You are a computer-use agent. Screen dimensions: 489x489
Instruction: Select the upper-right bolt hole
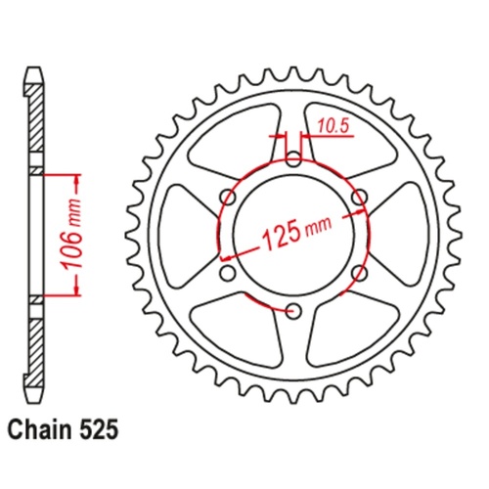[359, 196]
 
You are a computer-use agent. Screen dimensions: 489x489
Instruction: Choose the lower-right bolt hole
[359, 273]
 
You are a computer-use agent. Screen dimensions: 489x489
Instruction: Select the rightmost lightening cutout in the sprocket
[402, 235]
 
